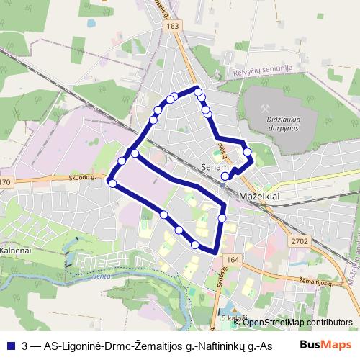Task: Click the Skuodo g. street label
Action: [x=82, y=176]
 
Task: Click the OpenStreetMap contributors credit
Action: [x=297, y=323]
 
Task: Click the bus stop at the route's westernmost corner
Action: [x=112, y=184]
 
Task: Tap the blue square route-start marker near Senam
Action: [x=225, y=175]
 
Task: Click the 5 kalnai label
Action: [x=234, y=318]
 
